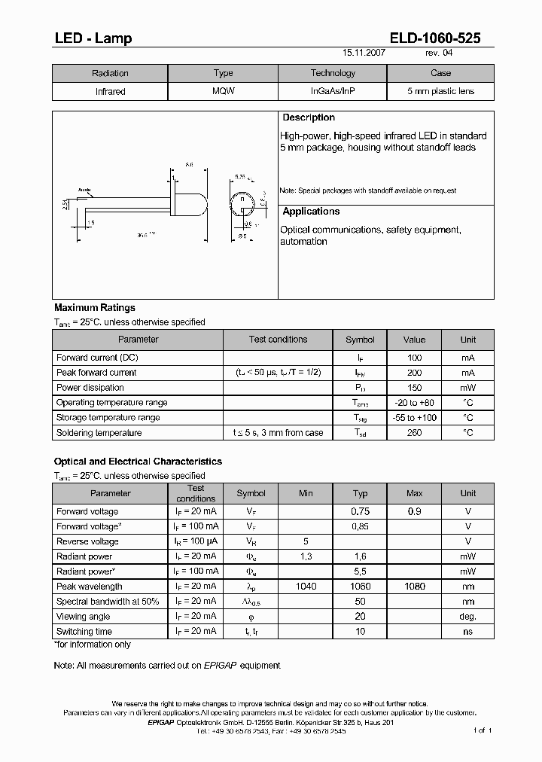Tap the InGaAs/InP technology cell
(x=332, y=91)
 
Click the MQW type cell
(x=223, y=91)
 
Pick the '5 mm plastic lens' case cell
(x=440, y=91)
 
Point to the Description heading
(x=309, y=118)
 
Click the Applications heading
(x=311, y=212)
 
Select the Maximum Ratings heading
(x=95, y=308)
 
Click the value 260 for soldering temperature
(x=414, y=433)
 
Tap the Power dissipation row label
(x=90, y=388)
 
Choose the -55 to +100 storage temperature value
(x=414, y=418)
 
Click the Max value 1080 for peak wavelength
(x=415, y=587)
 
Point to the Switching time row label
(x=84, y=632)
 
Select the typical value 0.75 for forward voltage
(x=361, y=511)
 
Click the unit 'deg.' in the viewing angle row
(x=468, y=617)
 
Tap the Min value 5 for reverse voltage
(x=306, y=541)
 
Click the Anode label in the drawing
(x=84, y=190)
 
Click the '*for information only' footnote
(x=92, y=645)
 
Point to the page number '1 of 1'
(x=482, y=730)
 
